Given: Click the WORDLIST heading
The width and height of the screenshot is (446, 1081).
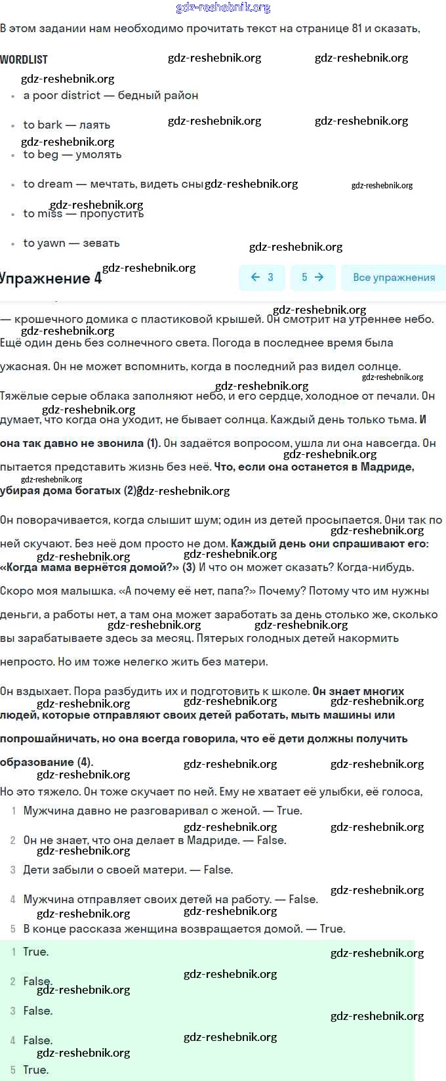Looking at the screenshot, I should tap(24, 59).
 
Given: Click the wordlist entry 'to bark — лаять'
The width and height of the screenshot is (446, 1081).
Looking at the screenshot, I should tap(66, 125).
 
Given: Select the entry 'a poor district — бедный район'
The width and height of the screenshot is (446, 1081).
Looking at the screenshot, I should tap(110, 95).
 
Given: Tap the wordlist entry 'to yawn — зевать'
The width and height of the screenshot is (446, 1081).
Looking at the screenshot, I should tap(71, 243).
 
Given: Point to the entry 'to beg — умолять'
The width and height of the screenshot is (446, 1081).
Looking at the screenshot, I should tap(72, 154).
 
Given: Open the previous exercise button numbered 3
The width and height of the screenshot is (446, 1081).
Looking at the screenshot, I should tap(262, 277).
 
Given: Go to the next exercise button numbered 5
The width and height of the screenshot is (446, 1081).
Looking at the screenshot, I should tap(312, 277).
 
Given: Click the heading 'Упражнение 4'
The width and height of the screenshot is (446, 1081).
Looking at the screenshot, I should tap(51, 278).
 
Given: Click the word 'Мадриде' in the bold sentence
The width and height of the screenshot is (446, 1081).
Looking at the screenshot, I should tap(390, 467).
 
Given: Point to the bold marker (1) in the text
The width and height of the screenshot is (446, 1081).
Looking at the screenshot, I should tap(153, 443).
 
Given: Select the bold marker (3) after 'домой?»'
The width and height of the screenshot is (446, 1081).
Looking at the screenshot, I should tap(189, 567).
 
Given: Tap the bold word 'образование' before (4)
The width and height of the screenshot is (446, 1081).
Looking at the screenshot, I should tap(37, 762).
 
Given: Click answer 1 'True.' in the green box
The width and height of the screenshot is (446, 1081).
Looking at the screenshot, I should tap(35, 952).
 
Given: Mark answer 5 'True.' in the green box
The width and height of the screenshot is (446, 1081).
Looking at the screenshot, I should tap(35, 1070).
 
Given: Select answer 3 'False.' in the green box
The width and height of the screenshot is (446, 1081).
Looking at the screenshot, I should tap(37, 1011).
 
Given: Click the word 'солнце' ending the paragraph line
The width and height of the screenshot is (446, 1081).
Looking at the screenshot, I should tap(381, 366).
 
